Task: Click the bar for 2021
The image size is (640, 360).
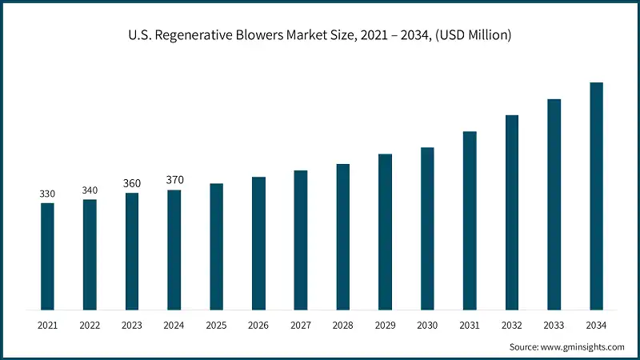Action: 47,256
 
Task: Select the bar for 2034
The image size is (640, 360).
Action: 596,196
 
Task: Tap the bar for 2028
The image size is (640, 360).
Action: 342,237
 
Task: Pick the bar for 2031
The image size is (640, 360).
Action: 470,220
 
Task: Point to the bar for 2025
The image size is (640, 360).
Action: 216,246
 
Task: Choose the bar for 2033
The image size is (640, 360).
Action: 554,204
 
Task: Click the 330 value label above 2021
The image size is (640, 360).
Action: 47,194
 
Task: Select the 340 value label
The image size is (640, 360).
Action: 90,190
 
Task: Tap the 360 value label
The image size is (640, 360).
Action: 132,184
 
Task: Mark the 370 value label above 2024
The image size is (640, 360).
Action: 174,180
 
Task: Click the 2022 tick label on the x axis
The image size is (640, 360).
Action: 90,326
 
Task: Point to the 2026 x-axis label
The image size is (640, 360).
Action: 258,326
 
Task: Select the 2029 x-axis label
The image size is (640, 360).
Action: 385,326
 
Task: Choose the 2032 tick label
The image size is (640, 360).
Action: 511,326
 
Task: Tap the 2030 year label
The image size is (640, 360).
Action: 427,326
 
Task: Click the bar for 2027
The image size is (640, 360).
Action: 301,240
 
